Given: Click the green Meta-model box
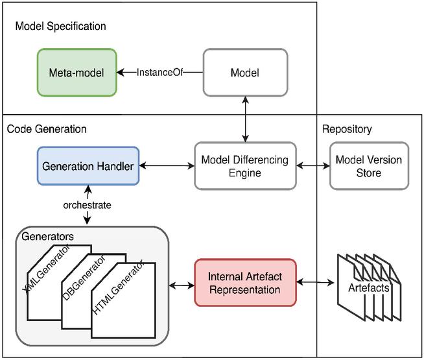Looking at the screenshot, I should (x=77, y=72).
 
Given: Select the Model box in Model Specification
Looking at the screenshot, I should (x=244, y=72).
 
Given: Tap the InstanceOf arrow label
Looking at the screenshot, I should (x=159, y=72).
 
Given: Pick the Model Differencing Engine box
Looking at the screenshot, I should (x=244, y=165).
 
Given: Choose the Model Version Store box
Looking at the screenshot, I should (x=369, y=165).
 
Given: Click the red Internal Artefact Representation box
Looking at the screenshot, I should (x=245, y=282).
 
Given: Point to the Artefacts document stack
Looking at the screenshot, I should (x=369, y=286).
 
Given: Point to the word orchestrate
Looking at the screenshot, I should (x=88, y=205).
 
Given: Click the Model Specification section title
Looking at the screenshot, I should (x=60, y=27).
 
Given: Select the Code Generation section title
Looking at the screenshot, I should (x=47, y=129).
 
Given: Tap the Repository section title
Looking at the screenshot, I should (x=347, y=129).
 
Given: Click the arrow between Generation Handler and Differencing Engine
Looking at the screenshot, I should (x=167, y=165).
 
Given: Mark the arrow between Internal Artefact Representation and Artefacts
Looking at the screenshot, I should (x=316, y=282).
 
